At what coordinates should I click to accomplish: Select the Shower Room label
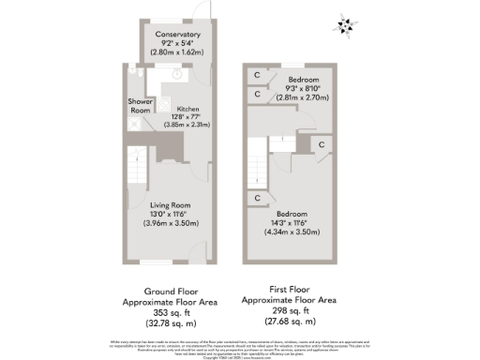141,106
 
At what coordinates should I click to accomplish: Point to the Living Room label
171,205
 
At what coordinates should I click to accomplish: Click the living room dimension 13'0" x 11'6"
171,215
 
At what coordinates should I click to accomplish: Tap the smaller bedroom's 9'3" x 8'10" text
302,87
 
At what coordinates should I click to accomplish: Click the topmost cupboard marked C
256,75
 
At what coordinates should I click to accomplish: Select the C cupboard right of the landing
321,144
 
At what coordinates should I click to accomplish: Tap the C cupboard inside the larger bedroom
256,198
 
